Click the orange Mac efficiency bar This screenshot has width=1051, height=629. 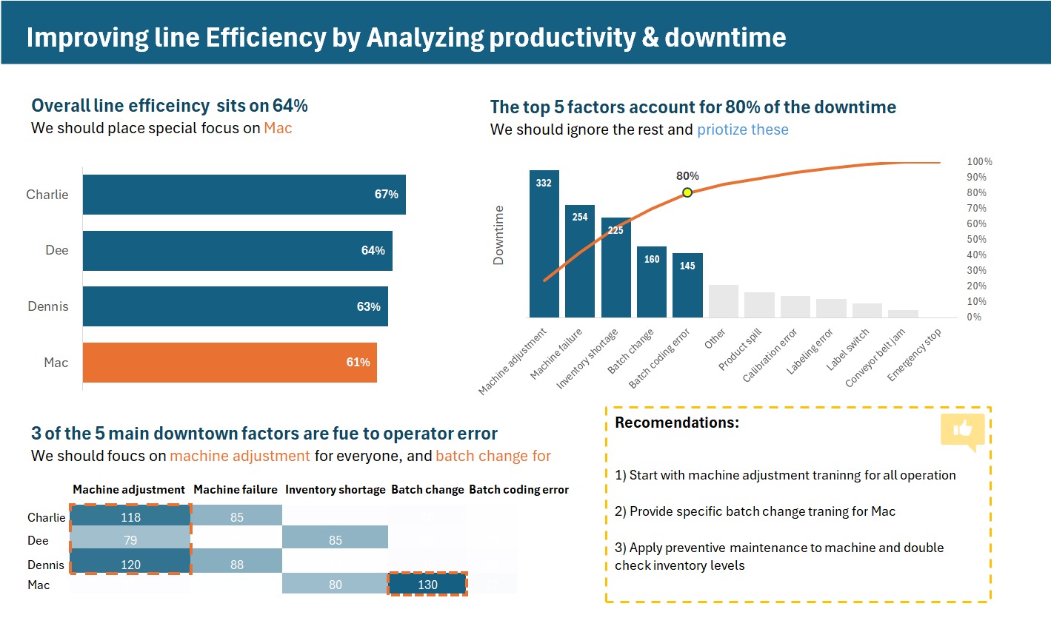click(230, 363)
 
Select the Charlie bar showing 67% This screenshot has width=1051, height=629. click(244, 195)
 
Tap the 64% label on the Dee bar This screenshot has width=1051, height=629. click(373, 251)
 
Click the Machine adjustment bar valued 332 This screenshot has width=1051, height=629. click(544, 244)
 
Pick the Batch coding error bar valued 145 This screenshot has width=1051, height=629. click(687, 285)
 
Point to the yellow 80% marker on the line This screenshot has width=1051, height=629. click(687, 192)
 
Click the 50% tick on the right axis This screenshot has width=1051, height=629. click(976, 239)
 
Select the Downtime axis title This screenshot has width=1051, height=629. click(498, 235)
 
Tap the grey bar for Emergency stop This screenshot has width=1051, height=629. click(903, 314)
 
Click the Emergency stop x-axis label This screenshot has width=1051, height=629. click(915, 355)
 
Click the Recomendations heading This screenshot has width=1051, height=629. click(677, 423)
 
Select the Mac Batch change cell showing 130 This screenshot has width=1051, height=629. click(427, 585)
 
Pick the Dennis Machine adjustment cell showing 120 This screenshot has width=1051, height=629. click(130, 565)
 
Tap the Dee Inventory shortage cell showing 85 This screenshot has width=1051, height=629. click(335, 540)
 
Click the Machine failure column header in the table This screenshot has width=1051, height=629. click(236, 490)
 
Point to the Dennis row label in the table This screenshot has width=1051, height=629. click(46, 565)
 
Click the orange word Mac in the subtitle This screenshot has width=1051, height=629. click(278, 128)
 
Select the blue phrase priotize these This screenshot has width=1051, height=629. click(742, 129)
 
